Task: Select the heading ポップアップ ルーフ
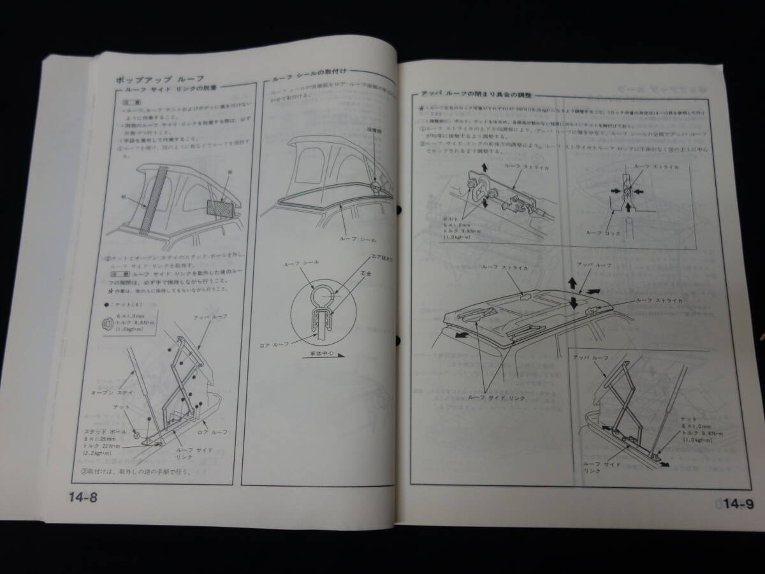[x=150, y=81]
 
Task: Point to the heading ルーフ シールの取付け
[x=305, y=75]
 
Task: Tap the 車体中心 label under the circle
[x=326, y=360]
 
